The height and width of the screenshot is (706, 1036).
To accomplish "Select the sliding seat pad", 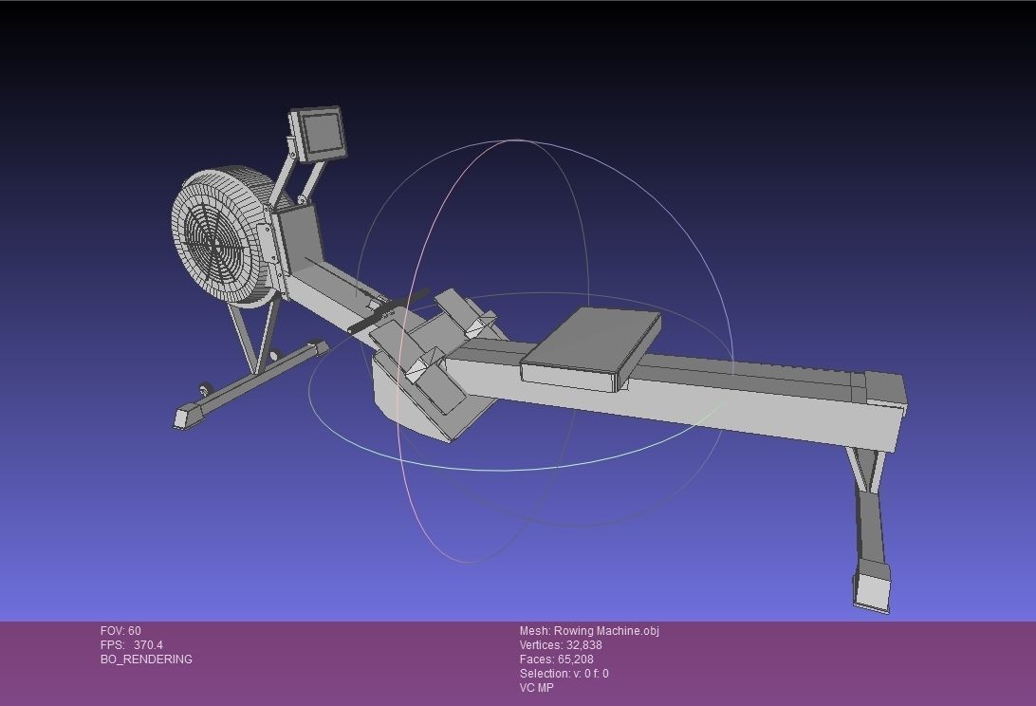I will (x=590, y=345).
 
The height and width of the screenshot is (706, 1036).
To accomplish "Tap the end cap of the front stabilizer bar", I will (x=188, y=416).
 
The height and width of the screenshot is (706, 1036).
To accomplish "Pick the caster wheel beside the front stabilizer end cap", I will (x=205, y=389).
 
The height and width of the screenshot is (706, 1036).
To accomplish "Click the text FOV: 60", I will (x=120, y=631).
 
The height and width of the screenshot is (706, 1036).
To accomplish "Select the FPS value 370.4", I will (x=148, y=645).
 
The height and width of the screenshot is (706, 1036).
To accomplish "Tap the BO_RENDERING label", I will (x=146, y=660).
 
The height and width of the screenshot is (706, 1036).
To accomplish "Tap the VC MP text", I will (x=536, y=688).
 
